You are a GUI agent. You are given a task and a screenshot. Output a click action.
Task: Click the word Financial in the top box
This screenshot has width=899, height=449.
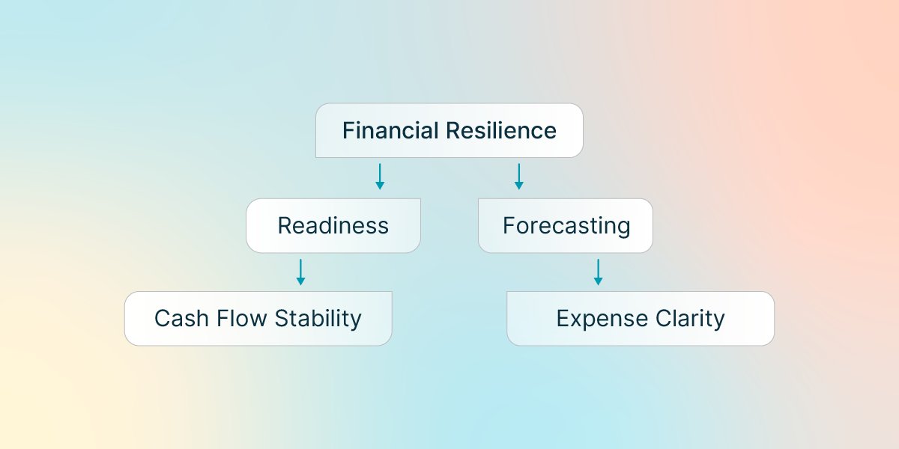pyautogui.click(x=390, y=131)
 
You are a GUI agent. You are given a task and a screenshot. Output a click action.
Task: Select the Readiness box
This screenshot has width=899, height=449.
pyautogui.click(x=333, y=225)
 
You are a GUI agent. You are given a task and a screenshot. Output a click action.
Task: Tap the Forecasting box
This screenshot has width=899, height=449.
pyautogui.click(x=566, y=225)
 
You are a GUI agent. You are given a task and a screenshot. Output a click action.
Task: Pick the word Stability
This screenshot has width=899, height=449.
pyautogui.click(x=318, y=319)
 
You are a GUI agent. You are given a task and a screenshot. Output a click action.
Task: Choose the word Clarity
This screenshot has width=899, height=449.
pyautogui.click(x=691, y=319)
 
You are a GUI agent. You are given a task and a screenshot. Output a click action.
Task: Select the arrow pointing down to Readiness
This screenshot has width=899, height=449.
pyautogui.click(x=380, y=176)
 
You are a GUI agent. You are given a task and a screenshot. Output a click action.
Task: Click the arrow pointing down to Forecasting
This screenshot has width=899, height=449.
pyautogui.click(x=518, y=176)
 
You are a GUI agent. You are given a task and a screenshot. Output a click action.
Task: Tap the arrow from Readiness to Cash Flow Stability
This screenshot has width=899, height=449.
pyautogui.click(x=300, y=272)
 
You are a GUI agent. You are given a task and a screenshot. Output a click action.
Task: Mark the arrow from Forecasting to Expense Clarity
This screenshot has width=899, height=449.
pyautogui.click(x=598, y=272)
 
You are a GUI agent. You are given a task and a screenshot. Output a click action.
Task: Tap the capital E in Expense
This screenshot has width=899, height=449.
pyautogui.click(x=563, y=319)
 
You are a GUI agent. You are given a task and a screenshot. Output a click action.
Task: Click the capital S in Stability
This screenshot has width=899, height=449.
pyautogui.click(x=280, y=319)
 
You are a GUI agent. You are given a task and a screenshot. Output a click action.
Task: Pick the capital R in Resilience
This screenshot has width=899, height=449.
pyautogui.click(x=452, y=131)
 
